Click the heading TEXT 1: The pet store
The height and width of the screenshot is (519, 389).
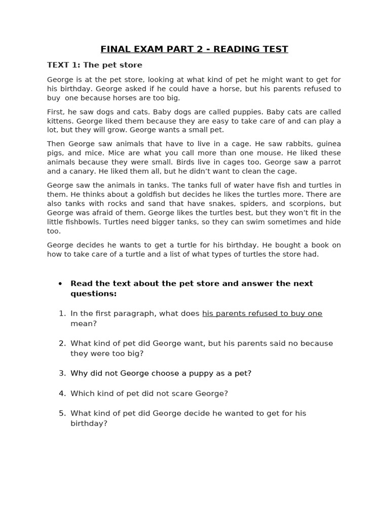pos(95,65)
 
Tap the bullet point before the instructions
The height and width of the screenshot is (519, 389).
pos(60,284)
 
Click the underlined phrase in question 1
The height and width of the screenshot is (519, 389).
pos(262,314)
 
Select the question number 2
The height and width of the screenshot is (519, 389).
pos(62,344)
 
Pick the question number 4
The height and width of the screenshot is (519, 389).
pos(62,393)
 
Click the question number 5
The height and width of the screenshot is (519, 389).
pos(62,414)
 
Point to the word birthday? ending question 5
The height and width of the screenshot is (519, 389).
pos(89,423)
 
